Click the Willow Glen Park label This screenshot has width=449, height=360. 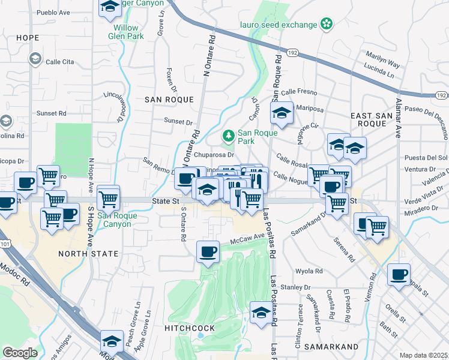pos(126,32)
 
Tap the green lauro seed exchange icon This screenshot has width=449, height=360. pos(326,25)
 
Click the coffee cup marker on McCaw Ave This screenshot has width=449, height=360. pos(208,251)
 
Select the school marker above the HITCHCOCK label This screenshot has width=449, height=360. pos(261,313)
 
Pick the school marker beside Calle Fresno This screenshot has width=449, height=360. pos(281,112)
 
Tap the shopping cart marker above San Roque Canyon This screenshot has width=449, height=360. pos(108,196)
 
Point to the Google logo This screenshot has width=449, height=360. pos(19,353)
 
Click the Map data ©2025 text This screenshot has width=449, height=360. pos(423,355)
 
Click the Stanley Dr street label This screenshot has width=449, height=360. pos(295,287)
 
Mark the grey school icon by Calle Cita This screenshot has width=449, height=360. pos(35,58)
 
